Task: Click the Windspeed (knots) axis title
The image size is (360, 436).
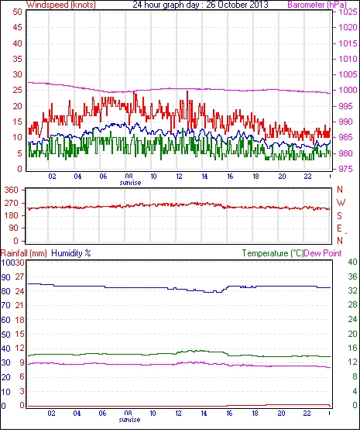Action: click(61, 5)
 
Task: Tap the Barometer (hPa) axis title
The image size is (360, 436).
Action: click(317, 5)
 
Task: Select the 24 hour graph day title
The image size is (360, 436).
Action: click(201, 5)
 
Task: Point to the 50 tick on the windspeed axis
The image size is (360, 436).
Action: click(17, 12)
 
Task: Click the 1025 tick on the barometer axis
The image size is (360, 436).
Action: click(348, 12)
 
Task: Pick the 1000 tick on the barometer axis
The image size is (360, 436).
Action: click(348, 90)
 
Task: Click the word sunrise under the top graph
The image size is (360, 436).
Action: click(130, 183)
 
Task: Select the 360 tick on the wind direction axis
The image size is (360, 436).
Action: click(12, 191)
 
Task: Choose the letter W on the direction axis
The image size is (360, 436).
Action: click(341, 203)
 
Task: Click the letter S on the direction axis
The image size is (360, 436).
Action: click(339, 215)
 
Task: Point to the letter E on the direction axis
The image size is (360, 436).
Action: click(339, 228)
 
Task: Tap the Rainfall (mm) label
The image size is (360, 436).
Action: click(24, 253)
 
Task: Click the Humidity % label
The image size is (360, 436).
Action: click(71, 253)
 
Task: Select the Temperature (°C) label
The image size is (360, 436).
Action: click(273, 253)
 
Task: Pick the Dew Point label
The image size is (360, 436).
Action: click(323, 253)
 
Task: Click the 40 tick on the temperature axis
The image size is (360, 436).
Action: click(352, 262)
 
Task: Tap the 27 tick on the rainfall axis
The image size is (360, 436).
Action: click(19, 277)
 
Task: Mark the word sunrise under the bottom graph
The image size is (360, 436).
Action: click(129, 420)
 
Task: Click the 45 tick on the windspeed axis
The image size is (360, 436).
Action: click(17, 28)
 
